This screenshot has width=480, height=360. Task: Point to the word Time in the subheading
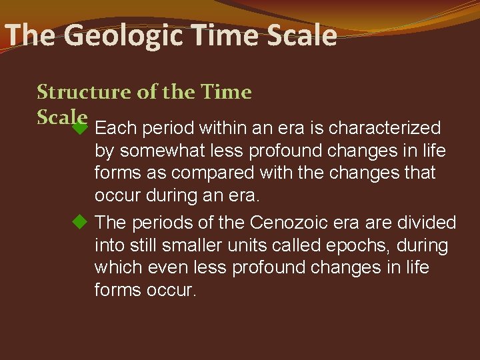tap(227, 92)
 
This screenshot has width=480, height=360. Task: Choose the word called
tap(297, 245)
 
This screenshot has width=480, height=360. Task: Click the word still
tap(135, 245)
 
